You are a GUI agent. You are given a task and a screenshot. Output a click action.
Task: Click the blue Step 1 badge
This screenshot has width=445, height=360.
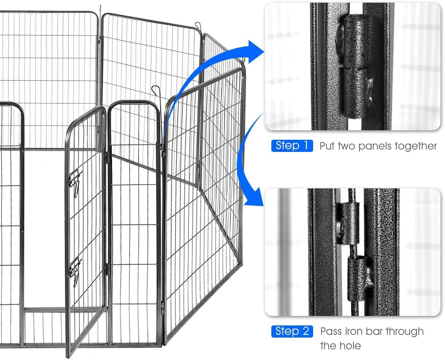point(292,146)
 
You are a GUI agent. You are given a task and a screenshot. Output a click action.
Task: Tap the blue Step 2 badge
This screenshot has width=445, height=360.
point(292,331)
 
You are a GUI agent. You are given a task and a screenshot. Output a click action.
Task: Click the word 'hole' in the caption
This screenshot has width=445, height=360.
point(348,346)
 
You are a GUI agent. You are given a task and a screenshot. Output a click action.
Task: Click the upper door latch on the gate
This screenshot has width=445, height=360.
point(75,180)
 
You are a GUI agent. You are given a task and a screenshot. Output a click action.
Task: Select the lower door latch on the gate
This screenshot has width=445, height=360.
point(74,267)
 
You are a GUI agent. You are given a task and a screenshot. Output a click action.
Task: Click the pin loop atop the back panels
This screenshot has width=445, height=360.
point(197,26)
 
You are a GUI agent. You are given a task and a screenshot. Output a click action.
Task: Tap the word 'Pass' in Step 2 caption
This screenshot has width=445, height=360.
point(331,331)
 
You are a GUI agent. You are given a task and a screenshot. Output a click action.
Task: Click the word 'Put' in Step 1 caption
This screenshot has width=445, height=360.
point(327,146)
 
